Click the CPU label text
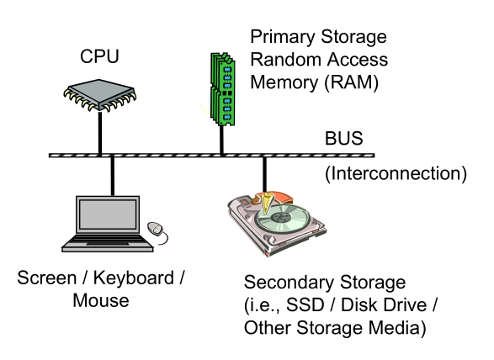tap(99, 56)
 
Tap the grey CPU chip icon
tap(100, 95)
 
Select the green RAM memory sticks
tap(223, 89)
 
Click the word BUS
tap(343, 138)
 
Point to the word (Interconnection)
tap(396, 173)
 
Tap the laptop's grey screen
tap(108, 214)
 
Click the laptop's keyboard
tap(108, 241)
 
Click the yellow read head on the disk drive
tap(267, 204)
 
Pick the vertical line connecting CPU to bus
tap(100, 133)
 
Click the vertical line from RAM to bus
tap(222, 140)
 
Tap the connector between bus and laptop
tap(113, 176)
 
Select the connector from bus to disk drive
tap(264, 175)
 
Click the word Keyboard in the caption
tap(134, 278)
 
